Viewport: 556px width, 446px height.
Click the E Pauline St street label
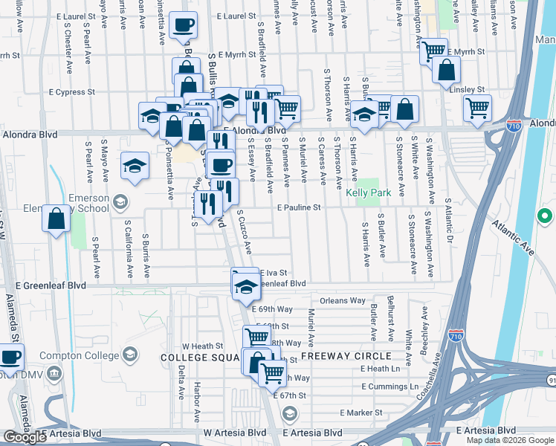[x=299, y=209]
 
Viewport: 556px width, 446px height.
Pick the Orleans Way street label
[x=343, y=301]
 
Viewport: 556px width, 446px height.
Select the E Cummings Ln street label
[x=389, y=387]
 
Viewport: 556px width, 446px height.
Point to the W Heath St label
[x=203, y=346]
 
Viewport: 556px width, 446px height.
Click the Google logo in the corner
[x=25, y=437]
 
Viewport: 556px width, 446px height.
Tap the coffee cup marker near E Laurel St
[x=183, y=26]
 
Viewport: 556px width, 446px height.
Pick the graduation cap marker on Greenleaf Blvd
[x=245, y=285]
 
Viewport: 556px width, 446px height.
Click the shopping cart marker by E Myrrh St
[x=433, y=52]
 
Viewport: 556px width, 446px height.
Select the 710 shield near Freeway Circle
[x=456, y=337]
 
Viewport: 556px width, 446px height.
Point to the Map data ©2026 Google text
[x=509, y=439]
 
